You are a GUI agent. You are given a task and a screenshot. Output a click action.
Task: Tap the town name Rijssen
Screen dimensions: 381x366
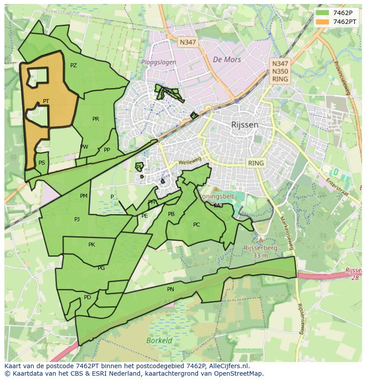[x=244, y=125]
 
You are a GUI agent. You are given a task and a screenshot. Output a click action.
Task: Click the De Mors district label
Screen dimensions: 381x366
[x=227, y=59]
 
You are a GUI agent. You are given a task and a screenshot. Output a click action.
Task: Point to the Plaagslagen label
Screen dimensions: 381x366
[x=159, y=62]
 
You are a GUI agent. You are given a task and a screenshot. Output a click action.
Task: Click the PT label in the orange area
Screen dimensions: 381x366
[x=46, y=101]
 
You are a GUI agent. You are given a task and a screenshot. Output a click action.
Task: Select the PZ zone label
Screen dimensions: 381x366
[x=73, y=65]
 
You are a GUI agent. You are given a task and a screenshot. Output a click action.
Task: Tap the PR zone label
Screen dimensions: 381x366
[x=95, y=119]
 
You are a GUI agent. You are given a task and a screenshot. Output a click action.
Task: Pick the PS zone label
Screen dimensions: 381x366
[x=42, y=163]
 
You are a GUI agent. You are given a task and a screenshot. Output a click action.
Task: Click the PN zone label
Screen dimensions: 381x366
[x=171, y=289]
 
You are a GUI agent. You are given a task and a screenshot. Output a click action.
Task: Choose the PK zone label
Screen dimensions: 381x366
[x=91, y=245]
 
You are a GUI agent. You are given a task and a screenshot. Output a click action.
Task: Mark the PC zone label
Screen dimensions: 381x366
[x=196, y=225]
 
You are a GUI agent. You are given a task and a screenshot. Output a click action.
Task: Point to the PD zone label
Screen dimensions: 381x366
[x=88, y=297]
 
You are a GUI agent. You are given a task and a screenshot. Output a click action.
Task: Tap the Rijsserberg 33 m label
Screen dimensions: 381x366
[x=260, y=252]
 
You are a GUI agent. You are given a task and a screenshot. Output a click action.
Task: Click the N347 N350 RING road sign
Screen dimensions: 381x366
[x=280, y=71]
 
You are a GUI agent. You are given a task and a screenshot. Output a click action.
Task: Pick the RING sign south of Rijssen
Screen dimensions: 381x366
[x=255, y=163]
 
